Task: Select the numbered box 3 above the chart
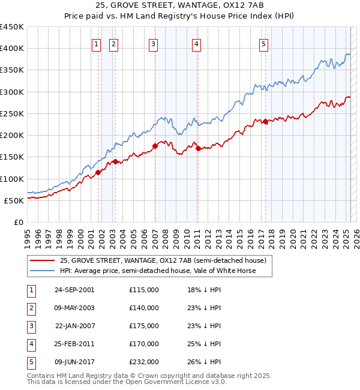(x=154, y=43)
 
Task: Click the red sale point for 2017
(x=265, y=122)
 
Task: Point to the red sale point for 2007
(x=155, y=146)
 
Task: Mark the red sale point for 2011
(x=197, y=149)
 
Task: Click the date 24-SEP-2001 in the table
(x=74, y=290)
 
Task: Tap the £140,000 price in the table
(x=144, y=308)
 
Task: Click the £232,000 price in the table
(x=144, y=362)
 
